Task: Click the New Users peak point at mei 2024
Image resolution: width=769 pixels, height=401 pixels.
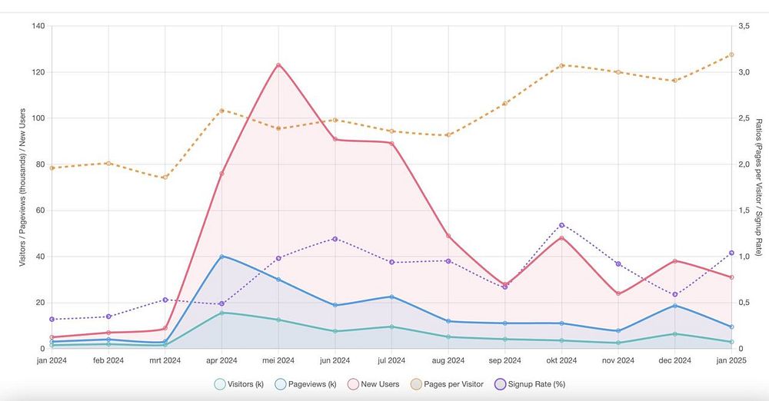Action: point(278,65)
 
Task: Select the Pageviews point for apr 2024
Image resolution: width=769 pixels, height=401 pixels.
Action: point(221,257)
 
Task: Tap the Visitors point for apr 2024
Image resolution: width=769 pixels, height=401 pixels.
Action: point(221,313)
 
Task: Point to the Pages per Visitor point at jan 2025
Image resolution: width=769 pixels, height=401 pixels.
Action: point(731,55)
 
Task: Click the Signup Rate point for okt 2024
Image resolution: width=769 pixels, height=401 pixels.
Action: point(561,225)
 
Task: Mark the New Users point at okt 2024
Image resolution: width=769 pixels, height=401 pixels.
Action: point(561,238)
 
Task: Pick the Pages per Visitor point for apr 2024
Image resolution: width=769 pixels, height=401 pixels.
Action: point(221,111)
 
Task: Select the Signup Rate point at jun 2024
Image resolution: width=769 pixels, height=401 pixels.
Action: point(335,239)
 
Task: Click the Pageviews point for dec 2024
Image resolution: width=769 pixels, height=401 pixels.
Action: point(674,306)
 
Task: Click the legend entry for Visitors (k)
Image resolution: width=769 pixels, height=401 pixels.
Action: point(238,384)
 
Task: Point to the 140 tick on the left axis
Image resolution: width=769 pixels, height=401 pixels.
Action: point(37,26)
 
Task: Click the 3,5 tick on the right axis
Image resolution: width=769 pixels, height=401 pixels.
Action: point(743,26)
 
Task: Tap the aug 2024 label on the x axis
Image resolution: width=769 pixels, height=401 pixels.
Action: point(448,360)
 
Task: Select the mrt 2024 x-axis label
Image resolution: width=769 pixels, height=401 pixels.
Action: point(165,360)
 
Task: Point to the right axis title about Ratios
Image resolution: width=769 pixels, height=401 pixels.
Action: point(758,187)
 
